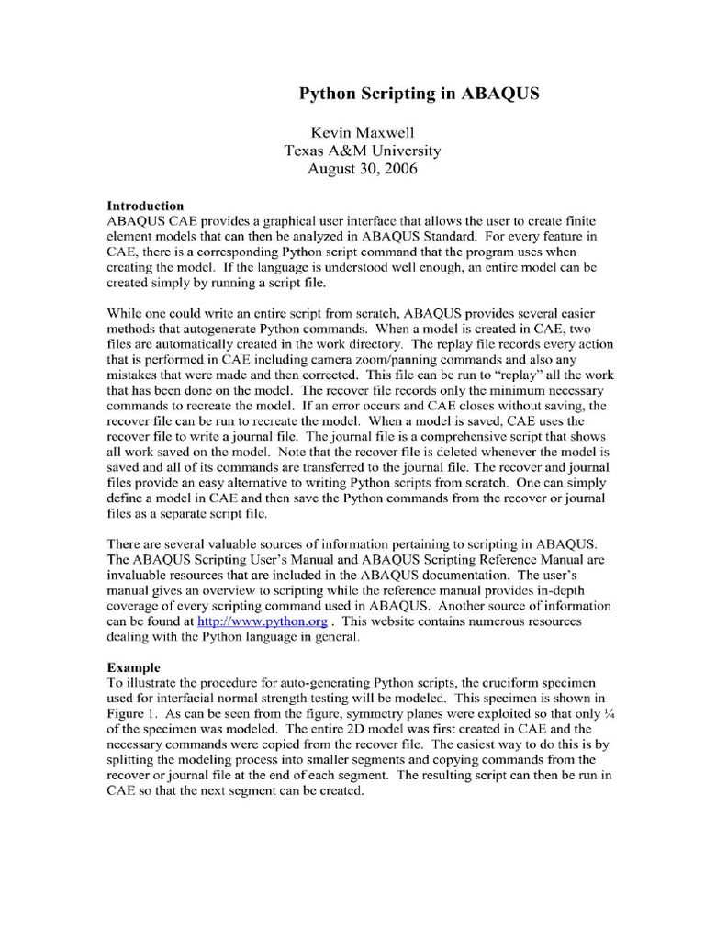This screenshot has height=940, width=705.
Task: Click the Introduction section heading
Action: click(146, 206)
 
